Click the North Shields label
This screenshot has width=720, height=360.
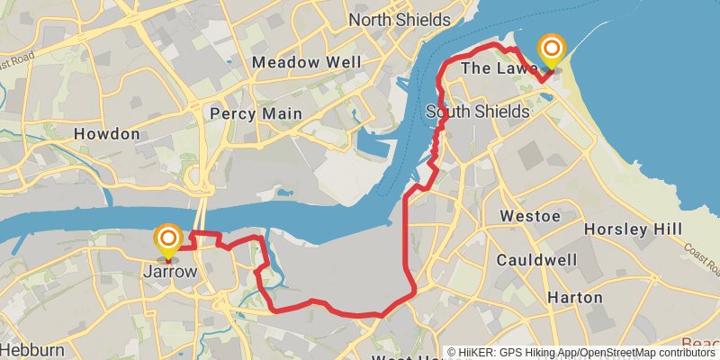point(399,20)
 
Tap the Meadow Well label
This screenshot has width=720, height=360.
point(307,62)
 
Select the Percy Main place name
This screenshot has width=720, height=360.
point(255,113)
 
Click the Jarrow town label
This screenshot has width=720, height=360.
point(169,269)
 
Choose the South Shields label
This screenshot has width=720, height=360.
point(477,112)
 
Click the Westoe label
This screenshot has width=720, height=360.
point(530,217)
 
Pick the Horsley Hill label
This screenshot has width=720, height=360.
point(633,229)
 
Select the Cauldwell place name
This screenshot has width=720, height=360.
point(536,260)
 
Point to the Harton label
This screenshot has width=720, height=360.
point(575,297)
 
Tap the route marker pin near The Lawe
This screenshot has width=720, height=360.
point(551,49)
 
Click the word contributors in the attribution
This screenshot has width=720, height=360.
point(683,353)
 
